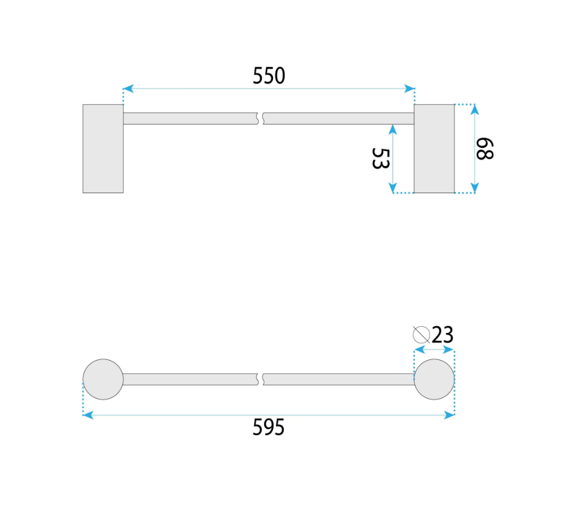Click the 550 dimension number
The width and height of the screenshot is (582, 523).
pos(269,75)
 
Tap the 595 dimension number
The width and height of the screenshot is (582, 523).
pos(268,427)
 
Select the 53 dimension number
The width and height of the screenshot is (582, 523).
pos(381,159)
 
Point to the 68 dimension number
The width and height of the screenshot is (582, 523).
pos(485,149)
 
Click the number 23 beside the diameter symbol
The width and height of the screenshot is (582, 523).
pos(443,335)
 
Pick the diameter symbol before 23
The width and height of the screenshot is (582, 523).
pos(421,335)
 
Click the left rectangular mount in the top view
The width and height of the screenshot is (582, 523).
pos(103,149)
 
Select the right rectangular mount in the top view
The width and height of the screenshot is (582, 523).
pos(434,149)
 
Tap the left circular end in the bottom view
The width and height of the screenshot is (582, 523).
pos(103,379)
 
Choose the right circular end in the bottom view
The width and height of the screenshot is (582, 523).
pos(434,379)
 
